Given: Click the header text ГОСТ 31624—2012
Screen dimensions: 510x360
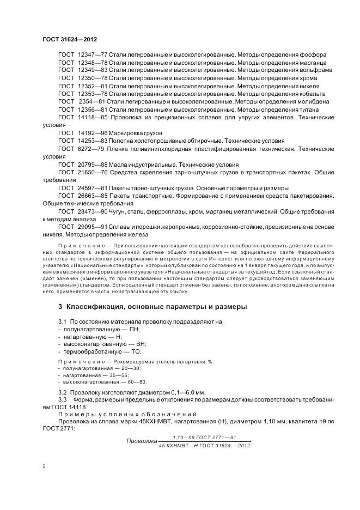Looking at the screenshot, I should pos(69,39).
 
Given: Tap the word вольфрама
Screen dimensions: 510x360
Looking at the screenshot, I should pos(313,70).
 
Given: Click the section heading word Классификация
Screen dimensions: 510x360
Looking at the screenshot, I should pos(98,307).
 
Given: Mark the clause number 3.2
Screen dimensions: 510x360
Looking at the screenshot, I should pos(62,392).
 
